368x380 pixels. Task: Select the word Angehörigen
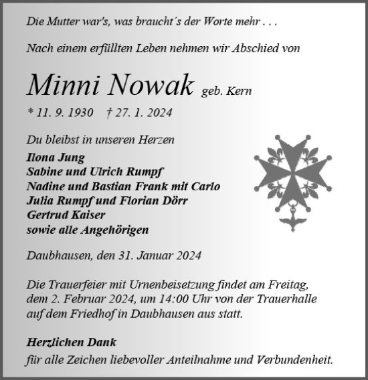(114, 230)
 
